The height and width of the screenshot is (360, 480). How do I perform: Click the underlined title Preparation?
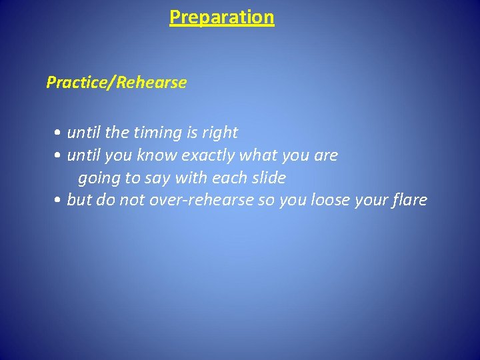221,17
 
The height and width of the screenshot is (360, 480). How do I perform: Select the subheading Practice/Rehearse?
116,83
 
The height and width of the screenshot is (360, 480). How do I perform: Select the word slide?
268,178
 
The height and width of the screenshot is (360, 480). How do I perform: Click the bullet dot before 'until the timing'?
59,133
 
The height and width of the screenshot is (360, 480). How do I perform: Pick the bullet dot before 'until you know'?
59,156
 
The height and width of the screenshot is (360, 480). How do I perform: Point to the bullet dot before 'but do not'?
59,201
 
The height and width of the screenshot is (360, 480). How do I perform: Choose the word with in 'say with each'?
191,178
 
